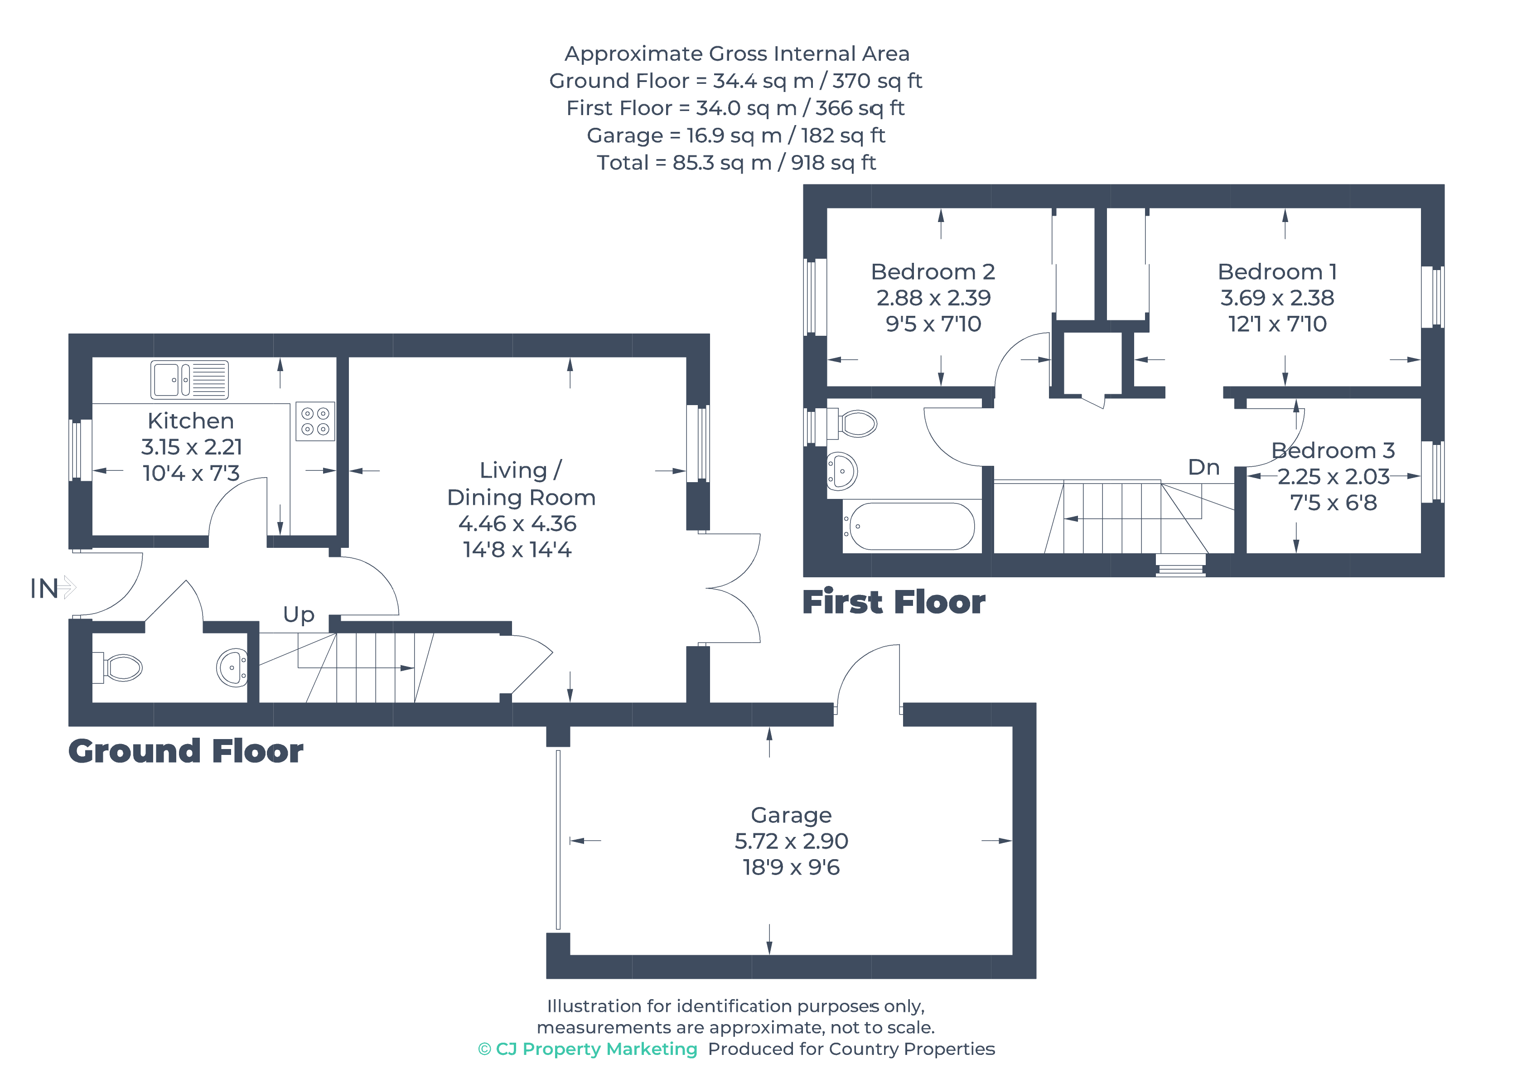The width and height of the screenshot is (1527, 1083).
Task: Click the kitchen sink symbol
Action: [x=189, y=379]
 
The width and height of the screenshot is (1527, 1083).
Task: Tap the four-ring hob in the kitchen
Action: [x=315, y=421]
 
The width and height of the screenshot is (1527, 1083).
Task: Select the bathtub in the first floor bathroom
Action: [x=912, y=526]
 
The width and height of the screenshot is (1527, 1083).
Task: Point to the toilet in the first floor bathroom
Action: [x=855, y=423]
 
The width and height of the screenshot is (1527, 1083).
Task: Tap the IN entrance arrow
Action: [x=65, y=588]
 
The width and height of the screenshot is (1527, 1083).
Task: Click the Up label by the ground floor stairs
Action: [x=298, y=614]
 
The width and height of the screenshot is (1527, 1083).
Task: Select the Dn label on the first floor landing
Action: [x=1203, y=468]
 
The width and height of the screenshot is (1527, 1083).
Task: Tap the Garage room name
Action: [x=791, y=815]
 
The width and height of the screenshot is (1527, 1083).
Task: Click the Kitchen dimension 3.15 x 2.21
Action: [x=191, y=447]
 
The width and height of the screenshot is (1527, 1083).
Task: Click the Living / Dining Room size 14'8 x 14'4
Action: [x=517, y=550]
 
